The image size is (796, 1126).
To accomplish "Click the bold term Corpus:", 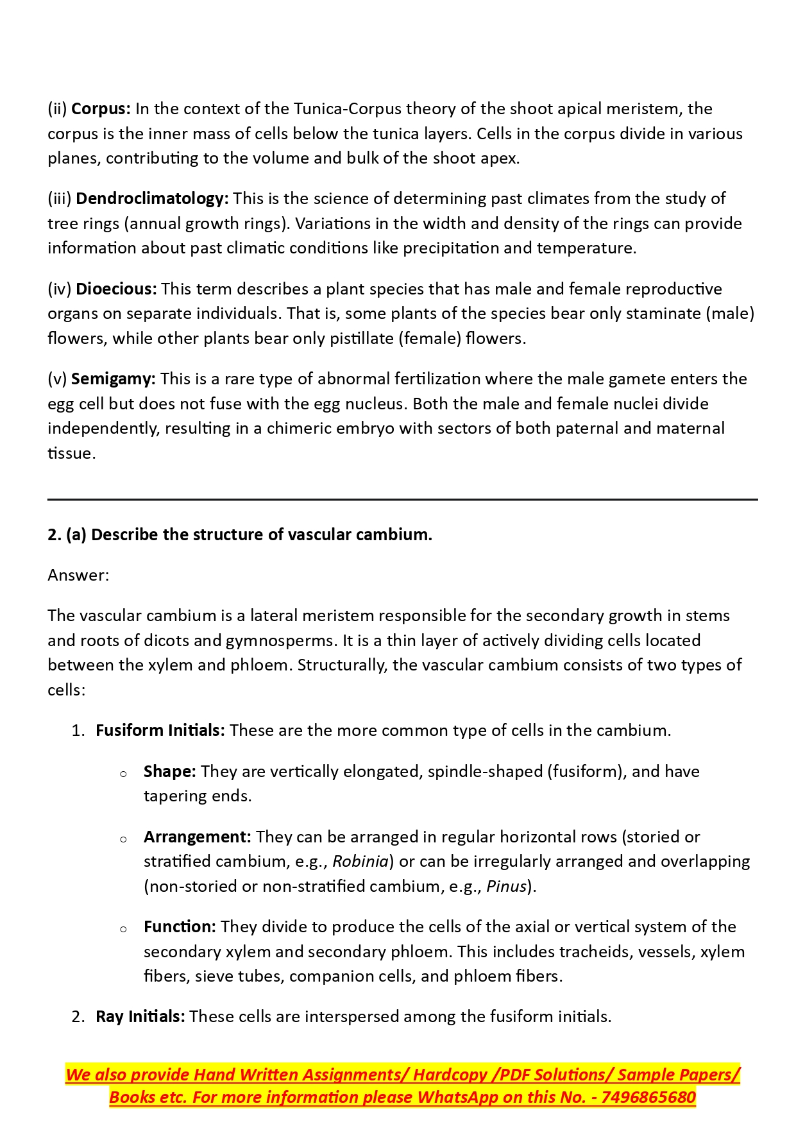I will [x=101, y=109].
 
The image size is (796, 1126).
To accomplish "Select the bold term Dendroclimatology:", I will [x=152, y=199].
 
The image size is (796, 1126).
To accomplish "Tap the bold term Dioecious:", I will [x=116, y=289].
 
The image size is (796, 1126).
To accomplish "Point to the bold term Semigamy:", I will [x=113, y=379].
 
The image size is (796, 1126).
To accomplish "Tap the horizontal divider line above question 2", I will [x=402, y=499].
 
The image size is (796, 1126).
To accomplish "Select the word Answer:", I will [x=78, y=576].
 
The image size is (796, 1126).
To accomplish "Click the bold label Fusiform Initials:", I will [x=160, y=731].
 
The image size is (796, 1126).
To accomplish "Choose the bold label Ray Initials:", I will [x=140, y=1017].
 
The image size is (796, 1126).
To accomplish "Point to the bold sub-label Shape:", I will [x=169, y=772].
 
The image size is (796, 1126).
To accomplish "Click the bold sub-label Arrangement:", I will [x=197, y=837].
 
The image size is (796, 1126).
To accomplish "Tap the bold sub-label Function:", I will [x=180, y=927].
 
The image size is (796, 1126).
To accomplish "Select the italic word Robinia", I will [x=360, y=862].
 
